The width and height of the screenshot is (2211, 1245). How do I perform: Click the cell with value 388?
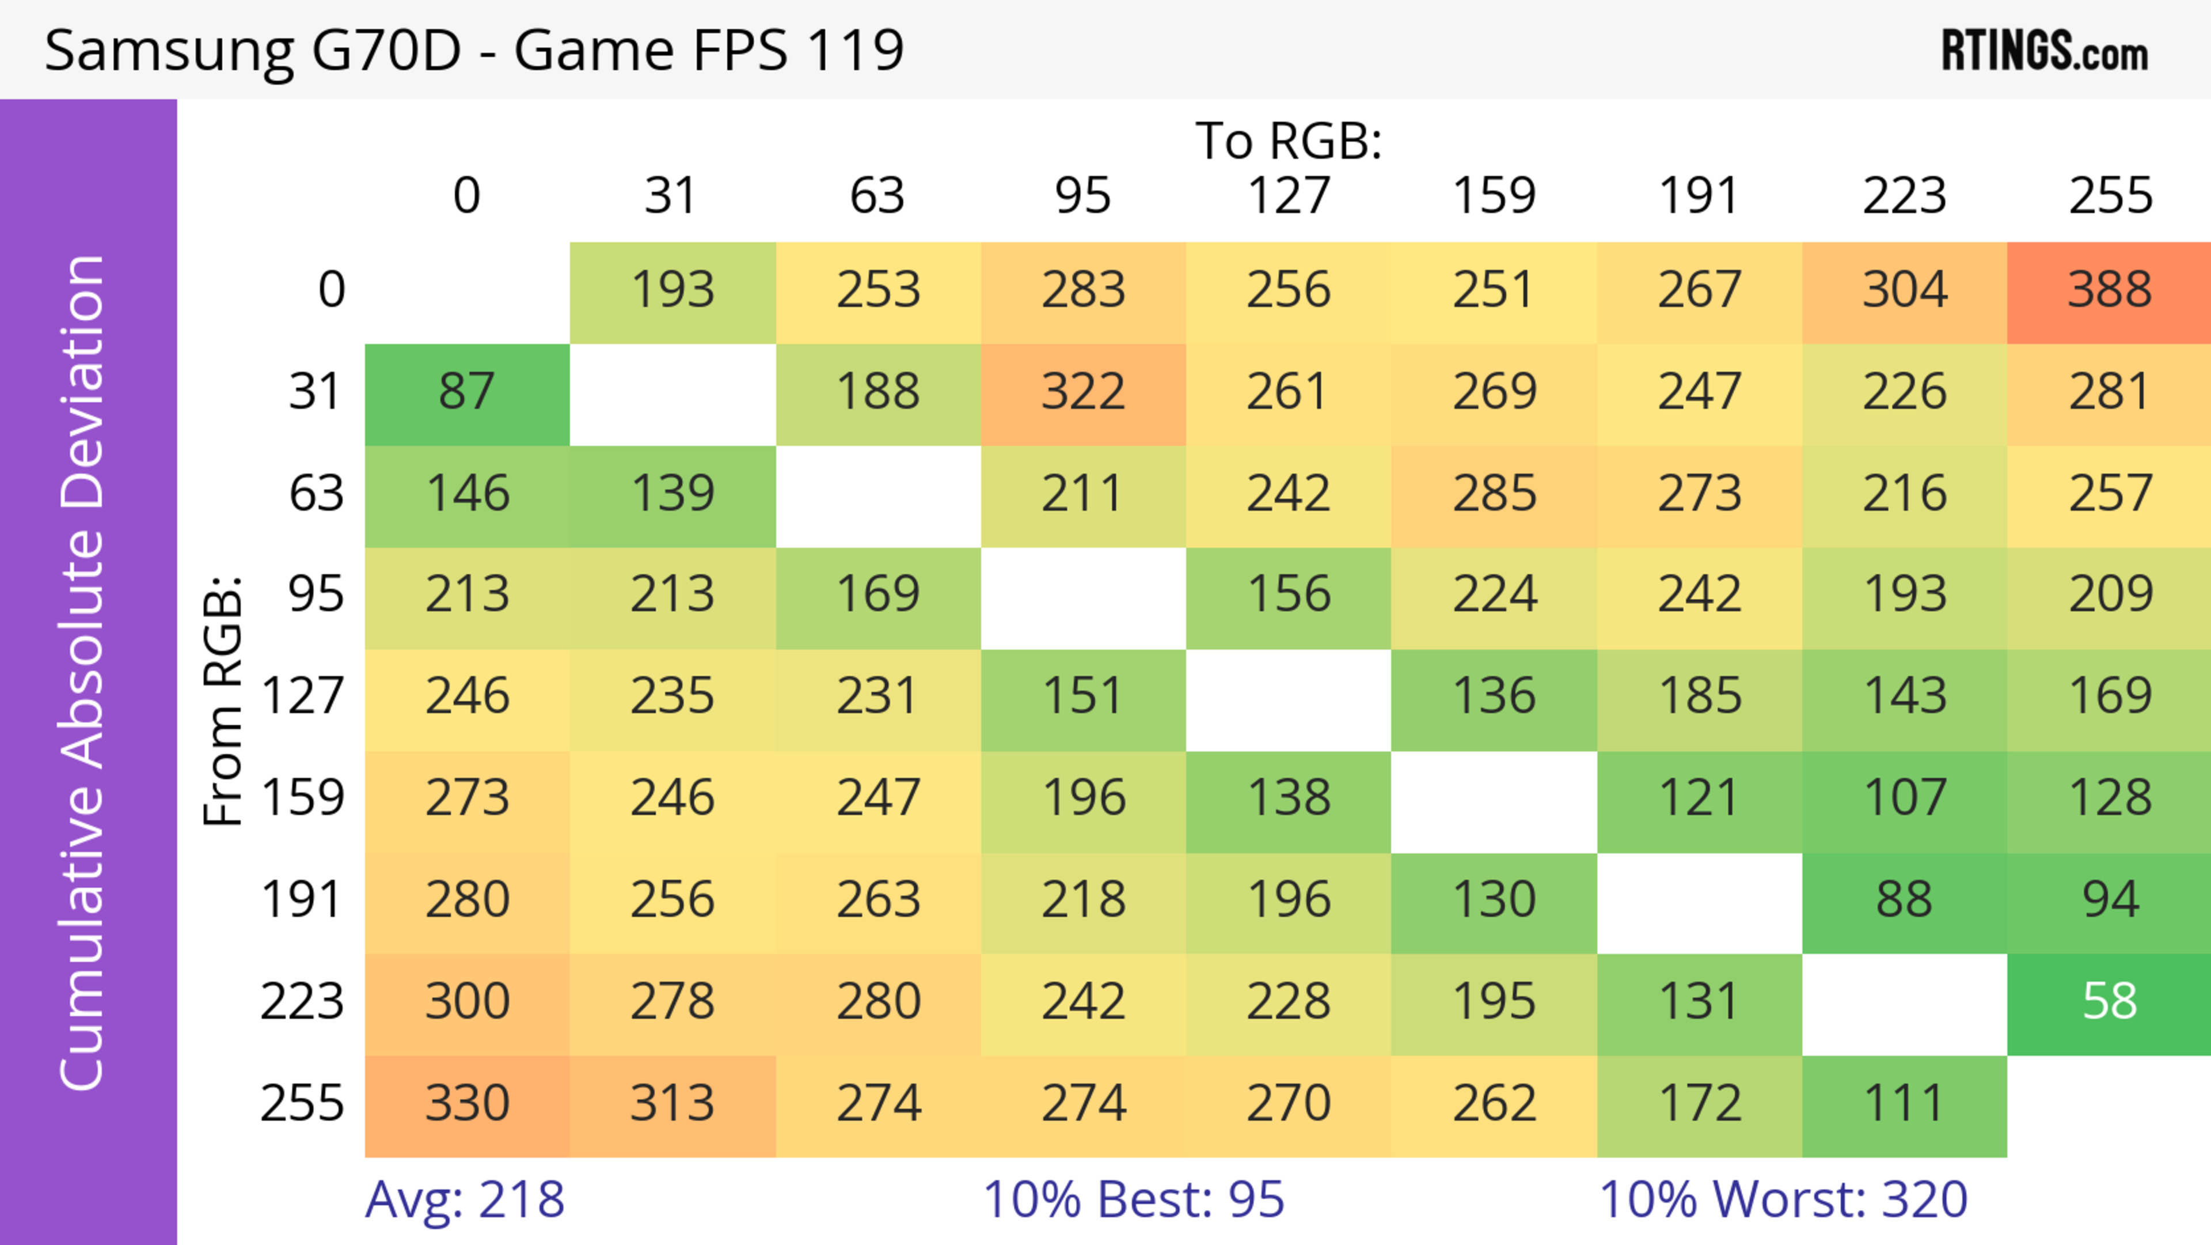tap(2109, 290)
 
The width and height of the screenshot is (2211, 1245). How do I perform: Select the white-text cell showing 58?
tap(2109, 1002)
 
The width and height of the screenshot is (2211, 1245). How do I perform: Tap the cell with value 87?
tap(467, 392)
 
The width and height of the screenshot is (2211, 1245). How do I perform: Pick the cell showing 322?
tap(1083, 392)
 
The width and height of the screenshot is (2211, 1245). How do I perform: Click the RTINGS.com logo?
tap(2045, 51)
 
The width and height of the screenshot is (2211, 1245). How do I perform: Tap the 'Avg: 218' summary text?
tap(464, 1199)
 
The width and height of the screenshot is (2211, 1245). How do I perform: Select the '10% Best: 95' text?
tap(1133, 1199)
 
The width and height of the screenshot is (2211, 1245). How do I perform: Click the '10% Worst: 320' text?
tap(1783, 1199)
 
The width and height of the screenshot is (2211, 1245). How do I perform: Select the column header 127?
tap(1289, 196)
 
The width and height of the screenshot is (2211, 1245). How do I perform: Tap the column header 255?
tap(2110, 196)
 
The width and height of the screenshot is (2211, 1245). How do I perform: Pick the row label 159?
tap(303, 799)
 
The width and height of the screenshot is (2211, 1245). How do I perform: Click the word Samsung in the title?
tap(168, 51)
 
